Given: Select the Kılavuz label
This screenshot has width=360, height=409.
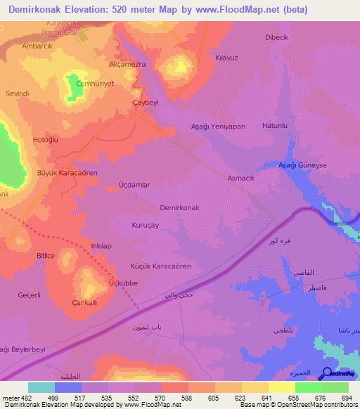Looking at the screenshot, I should [228, 58].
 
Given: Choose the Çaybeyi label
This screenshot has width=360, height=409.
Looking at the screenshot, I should [146, 103].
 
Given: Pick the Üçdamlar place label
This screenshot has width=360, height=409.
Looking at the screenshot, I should [135, 185].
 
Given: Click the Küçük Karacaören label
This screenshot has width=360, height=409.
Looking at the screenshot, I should [161, 266].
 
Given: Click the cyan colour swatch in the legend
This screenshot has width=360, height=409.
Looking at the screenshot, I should [41, 387].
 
